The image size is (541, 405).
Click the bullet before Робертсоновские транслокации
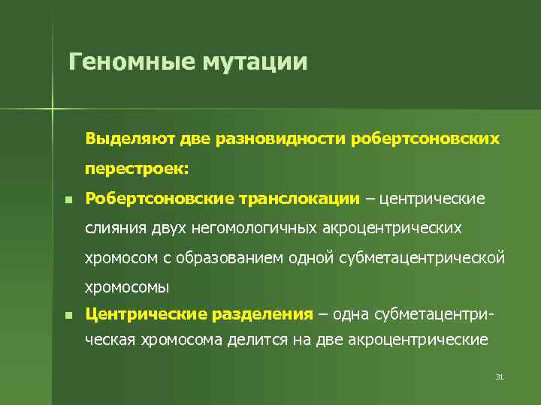pyautogui.click(x=68, y=200)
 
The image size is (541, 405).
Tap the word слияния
pyautogui.click(x=114, y=228)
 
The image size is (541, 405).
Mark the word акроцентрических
pyautogui.click(x=394, y=228)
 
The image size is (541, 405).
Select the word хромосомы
pyautogui.click(x=127, y=286)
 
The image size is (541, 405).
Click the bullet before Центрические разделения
pyautogui.click(x=68, y=316)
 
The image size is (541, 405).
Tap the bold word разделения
pyautogui.click(x=263, y=314)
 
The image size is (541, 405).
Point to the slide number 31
pyautogui.click(x=499, y=376)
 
